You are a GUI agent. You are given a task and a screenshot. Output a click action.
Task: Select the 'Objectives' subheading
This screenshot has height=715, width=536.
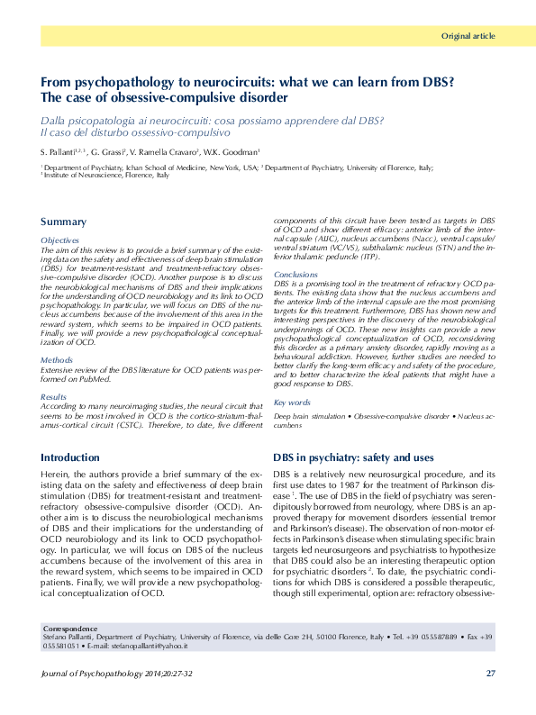(x=60, y=240)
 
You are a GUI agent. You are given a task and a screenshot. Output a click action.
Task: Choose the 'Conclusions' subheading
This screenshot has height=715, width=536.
(x=295, y=274)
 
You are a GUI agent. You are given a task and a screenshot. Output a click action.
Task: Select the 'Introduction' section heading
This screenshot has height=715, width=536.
(x=70, y=458)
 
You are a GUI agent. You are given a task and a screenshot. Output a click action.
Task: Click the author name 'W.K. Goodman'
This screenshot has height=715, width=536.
(x=234, y=150)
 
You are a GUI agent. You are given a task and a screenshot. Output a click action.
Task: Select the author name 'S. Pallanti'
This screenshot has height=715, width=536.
(x=61, y=150)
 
